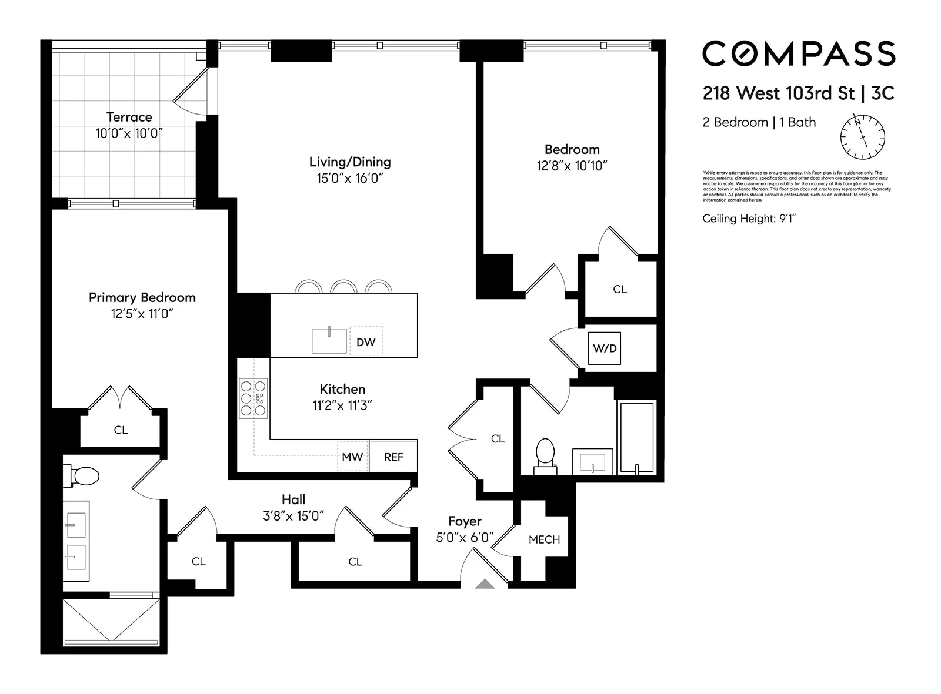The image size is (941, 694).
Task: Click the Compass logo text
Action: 798,53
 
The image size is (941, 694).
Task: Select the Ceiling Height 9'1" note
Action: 748,219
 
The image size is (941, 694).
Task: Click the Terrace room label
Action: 129,117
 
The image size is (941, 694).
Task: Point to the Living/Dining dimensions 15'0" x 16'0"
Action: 349,179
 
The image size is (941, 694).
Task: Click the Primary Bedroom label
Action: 142,297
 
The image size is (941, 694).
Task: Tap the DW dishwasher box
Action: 366,341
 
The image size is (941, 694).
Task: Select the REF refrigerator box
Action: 393,457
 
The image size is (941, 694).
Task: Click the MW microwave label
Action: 352,457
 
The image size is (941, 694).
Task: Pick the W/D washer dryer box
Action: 605,348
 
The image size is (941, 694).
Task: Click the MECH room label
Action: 544,539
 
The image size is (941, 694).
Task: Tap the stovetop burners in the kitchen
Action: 253,398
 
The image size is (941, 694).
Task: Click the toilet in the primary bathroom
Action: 85,476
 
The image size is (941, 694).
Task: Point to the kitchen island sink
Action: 329,341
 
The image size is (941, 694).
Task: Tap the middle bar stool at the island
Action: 344,287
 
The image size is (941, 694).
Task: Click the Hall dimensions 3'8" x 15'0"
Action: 293,516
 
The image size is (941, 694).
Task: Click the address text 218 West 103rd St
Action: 778,93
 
